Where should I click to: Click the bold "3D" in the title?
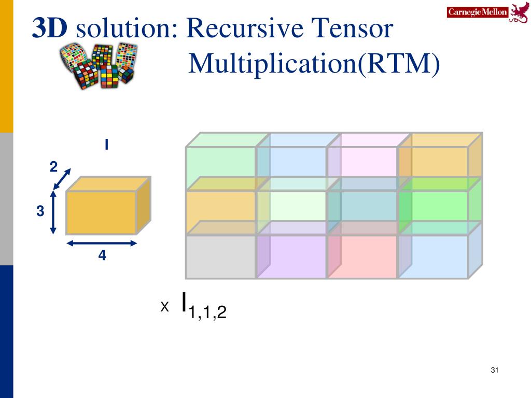coord(50,28)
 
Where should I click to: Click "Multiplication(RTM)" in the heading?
coord(314,63)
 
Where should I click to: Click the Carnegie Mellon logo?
coord(487,12)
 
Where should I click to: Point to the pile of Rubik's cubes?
coord(98,65)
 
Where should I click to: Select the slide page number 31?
coord(494,370)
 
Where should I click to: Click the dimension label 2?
coord(53,167)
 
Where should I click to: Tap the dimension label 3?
coord(40,211)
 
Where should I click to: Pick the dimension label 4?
coord(102,255)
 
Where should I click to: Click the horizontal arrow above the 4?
coord(102,243)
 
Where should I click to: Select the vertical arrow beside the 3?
coord(53,212)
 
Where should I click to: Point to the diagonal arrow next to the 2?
coord(62,179)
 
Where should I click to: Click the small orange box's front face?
coord(101,213)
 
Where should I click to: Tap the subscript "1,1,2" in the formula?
coord(207,312)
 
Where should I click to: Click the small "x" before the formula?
coord(164,307)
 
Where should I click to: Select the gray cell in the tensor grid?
coord(220,257)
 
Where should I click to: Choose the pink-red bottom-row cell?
coord(362,257)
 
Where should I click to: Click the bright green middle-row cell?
coord(434,206)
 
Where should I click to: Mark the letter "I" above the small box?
coord(107,145)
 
